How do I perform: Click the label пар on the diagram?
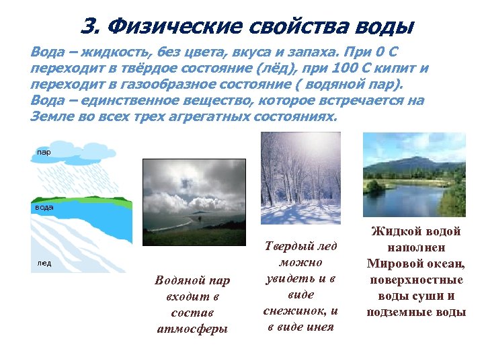point(44,152)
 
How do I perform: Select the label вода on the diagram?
point(44,208)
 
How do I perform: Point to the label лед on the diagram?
point(44,264)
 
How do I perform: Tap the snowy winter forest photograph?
point(300,177)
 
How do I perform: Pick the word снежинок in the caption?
point(299,311)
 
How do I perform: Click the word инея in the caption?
point(316,327)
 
